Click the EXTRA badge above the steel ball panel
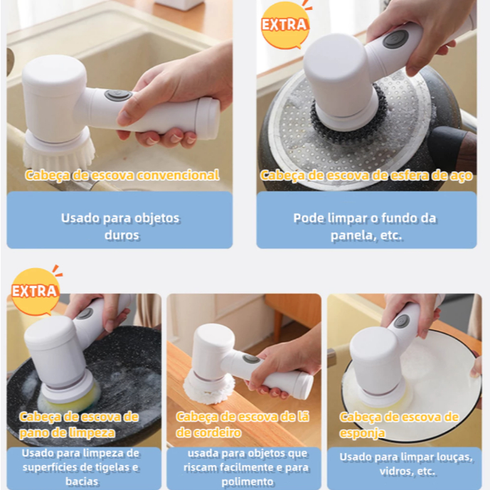(284, 25)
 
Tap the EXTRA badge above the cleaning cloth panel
(35, 292)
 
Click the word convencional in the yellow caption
(178, 175)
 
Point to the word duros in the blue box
(122, 235)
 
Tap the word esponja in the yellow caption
(362, 433)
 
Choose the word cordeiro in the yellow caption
(217, 432)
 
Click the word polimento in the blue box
(247, 482)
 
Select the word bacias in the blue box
(82, 481)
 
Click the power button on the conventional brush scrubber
(118, 95)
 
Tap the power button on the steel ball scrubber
(395, 39)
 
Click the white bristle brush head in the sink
(59, 153)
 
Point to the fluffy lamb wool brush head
(209, 389)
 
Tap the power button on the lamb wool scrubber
(252, 359)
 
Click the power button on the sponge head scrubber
(402, 322)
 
